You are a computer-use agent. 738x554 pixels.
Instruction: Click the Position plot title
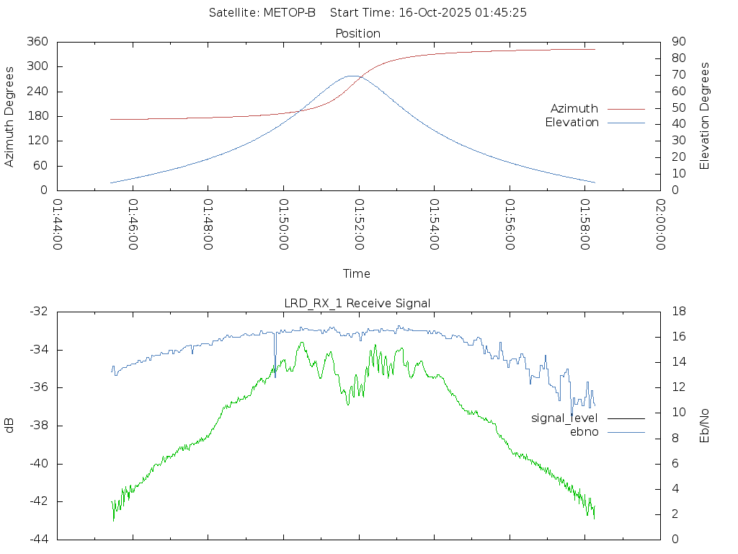point(358,33)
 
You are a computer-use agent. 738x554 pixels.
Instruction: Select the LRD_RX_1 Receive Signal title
point(357,303)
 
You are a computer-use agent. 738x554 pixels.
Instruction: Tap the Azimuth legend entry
point(574,108)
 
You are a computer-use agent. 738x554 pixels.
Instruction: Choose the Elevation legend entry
point(572,123)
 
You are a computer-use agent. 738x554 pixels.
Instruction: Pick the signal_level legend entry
point(564,418)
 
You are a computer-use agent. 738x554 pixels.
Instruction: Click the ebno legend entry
point(584,431)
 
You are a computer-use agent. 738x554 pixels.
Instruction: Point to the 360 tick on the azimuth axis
point(37,42)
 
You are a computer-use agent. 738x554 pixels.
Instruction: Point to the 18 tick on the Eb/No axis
point(678,312)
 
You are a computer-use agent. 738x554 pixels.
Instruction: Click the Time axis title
point(357,273)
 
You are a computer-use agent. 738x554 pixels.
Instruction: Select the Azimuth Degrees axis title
point(10,116)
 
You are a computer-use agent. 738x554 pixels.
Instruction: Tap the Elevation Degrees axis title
point(705,115)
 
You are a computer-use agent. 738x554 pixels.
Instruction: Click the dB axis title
point(10,425)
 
